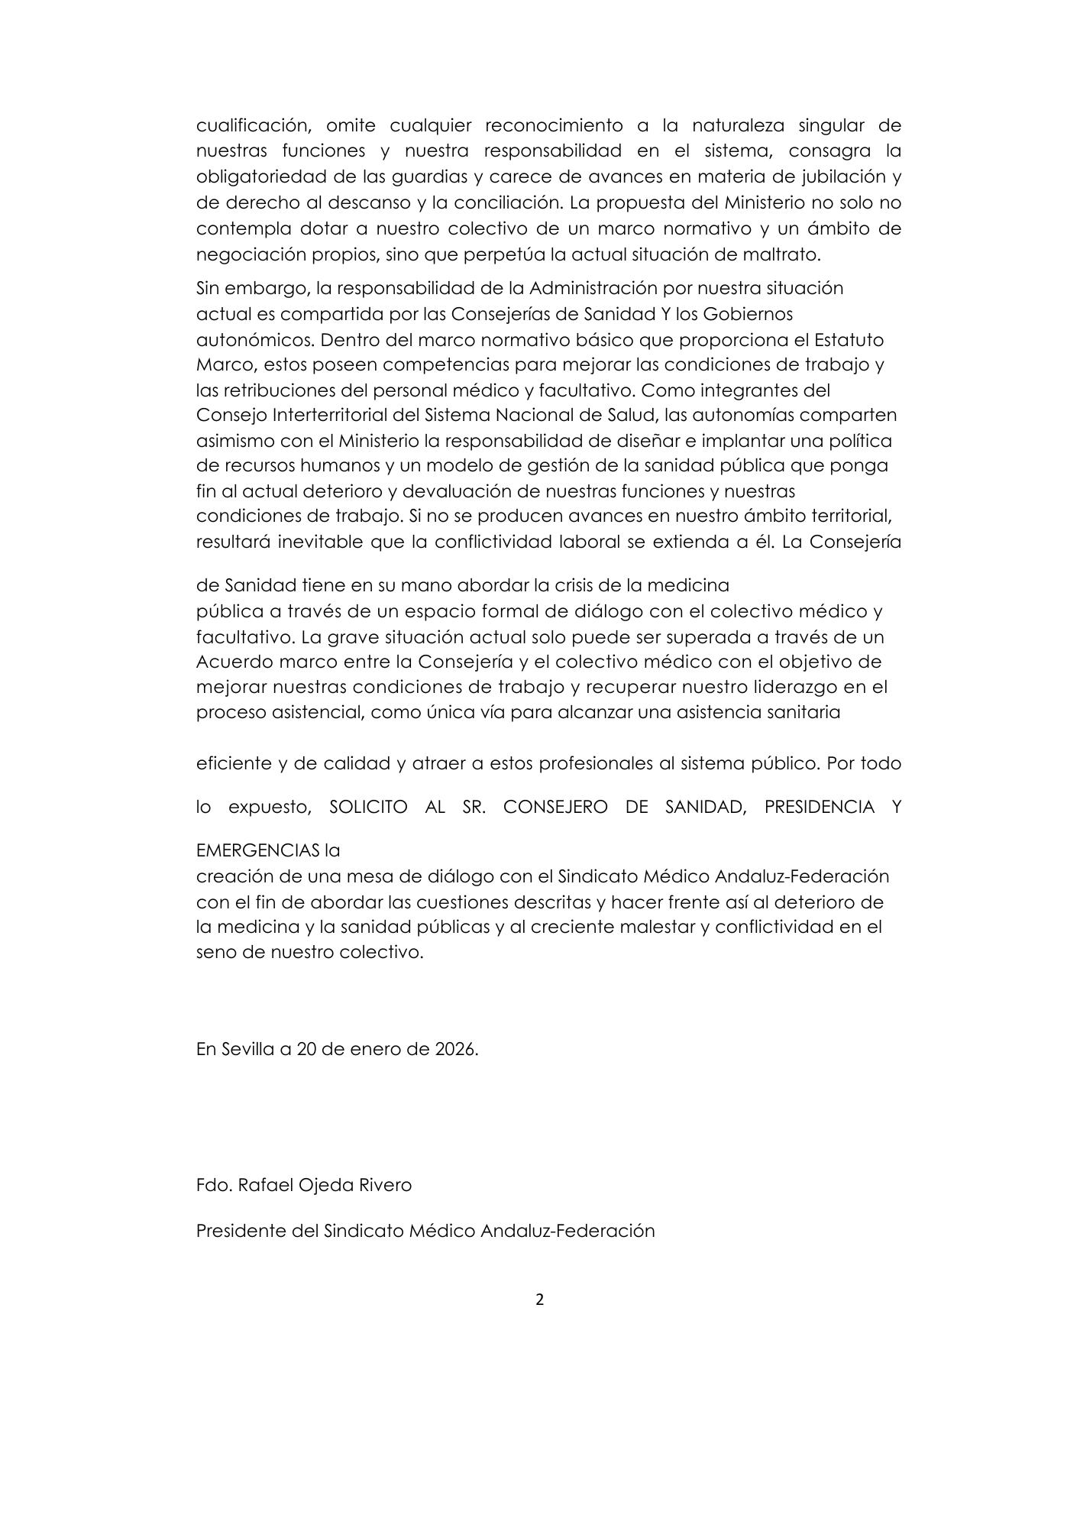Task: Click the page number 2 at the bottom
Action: [540, 1300]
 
